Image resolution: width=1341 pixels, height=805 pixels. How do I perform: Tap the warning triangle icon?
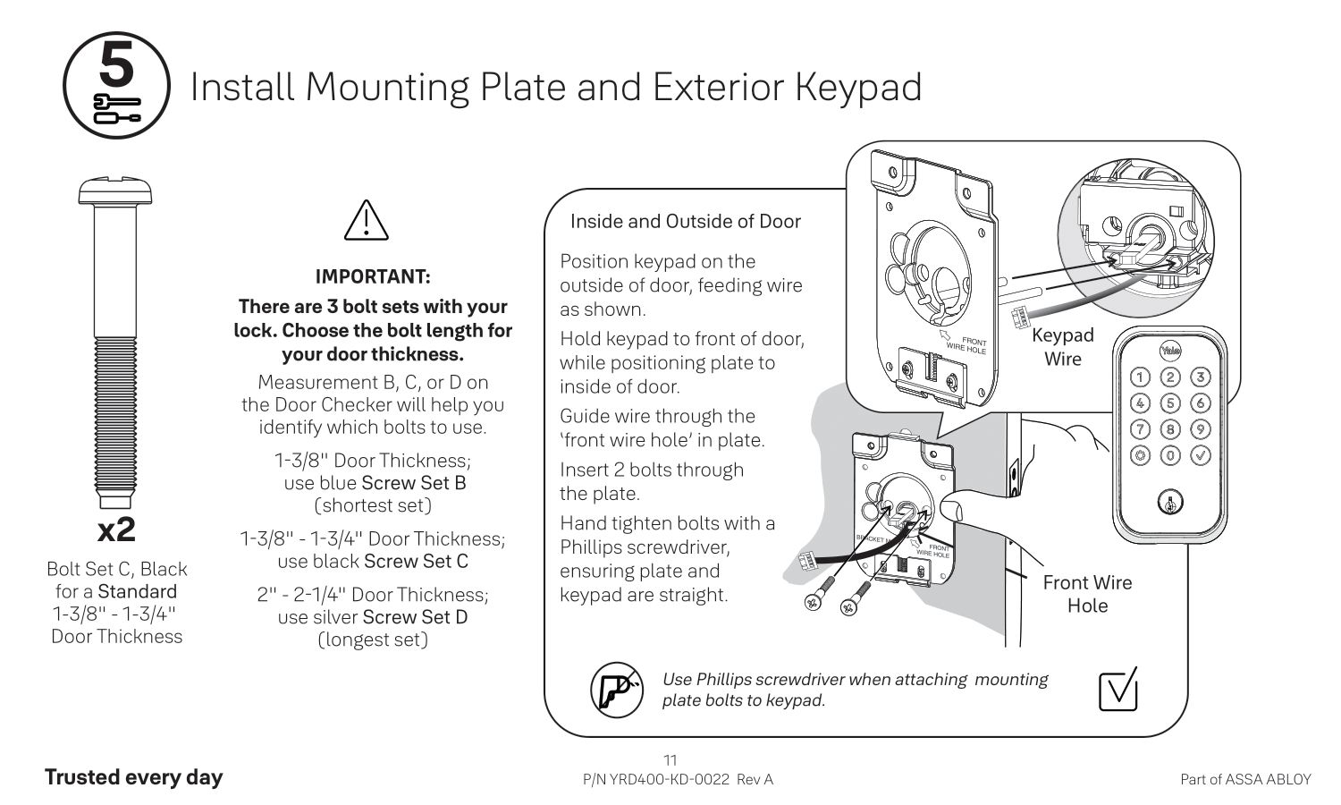pos(367,220)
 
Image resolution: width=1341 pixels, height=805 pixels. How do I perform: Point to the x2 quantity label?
pos(116,530)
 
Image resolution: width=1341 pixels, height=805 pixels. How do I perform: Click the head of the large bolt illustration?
pos(115,191)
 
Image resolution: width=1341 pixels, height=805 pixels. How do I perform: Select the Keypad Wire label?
pos(1062,347)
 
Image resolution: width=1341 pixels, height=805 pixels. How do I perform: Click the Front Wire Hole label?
pos(1087,594)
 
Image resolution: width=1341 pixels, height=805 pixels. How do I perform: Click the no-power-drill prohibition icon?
pos(616,690)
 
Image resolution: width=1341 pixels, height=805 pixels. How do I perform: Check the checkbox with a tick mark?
pos(1117,690)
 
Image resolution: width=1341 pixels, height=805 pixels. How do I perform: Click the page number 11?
pos(670,760)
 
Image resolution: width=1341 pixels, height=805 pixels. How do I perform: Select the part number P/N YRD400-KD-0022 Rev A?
pos(678,779)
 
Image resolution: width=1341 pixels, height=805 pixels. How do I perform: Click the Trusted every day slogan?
pos(133,776)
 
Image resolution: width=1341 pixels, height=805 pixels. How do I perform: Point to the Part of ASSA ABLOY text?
pos(1245,779)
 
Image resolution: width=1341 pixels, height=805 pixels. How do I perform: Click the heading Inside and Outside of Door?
pos(685,221)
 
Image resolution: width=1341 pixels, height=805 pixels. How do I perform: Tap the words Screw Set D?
pos(415,617)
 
